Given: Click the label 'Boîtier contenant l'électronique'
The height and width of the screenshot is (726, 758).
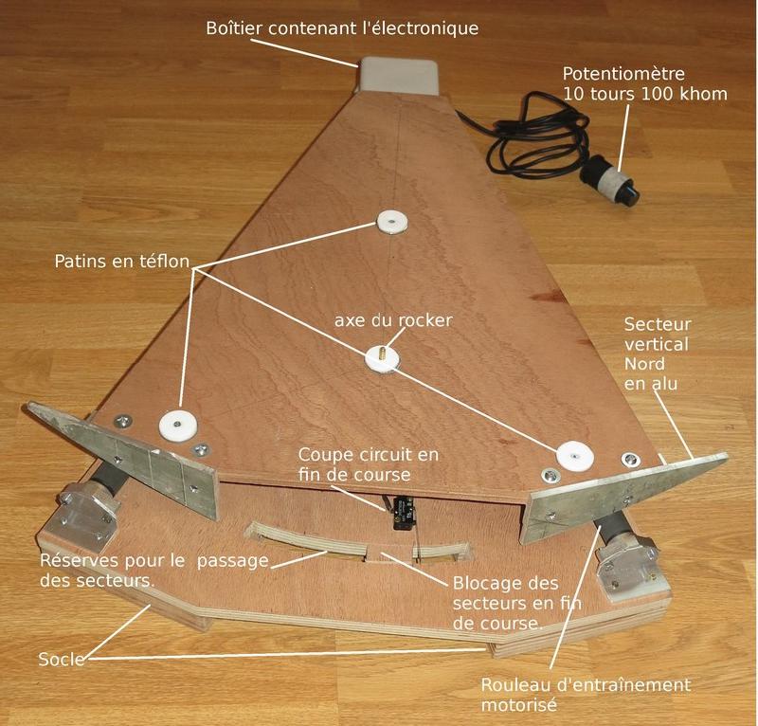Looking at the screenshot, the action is (x=342, y=28).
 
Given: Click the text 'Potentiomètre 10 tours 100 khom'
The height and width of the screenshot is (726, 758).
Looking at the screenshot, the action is (x=645, y=83).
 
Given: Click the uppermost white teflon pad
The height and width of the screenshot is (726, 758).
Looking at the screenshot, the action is (x=391, y=223).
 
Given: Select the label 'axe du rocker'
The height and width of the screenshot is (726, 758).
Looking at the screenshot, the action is (x=393, y=320).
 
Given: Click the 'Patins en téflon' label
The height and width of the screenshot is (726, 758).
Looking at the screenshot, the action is (x=122, y=262).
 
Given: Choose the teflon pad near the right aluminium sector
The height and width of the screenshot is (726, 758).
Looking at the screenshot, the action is (x=574, y=455).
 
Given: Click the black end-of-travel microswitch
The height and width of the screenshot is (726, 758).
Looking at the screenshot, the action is (x=402, y=513).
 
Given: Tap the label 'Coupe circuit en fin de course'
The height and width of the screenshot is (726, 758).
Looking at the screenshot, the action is (x=369, y=464).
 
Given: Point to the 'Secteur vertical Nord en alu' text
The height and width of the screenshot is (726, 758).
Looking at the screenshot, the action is (x=658, y=354).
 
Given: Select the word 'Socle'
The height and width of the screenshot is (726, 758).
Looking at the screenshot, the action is (x=62, y=660).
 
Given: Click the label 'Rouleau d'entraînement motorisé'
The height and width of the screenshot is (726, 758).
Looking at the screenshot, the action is (x=586, y=695).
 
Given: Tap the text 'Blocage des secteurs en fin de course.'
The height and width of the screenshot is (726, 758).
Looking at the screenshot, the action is (x=517, y=603).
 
